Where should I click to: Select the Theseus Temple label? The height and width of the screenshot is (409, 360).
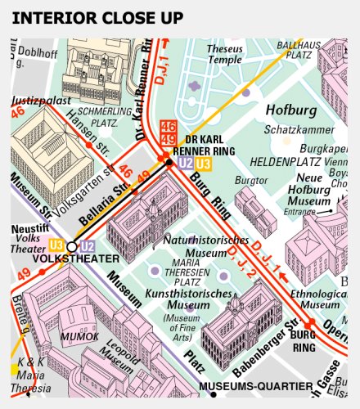pos(225,54)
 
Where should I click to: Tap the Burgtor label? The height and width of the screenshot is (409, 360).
pos(252,180)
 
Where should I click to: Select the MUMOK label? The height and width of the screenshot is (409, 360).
pos(79,336)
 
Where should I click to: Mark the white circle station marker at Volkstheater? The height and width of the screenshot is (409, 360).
pos(71,245)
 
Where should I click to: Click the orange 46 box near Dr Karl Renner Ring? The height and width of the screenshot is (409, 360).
pos(169,125)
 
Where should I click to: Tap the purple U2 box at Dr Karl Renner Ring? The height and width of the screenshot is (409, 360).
pos(186,164)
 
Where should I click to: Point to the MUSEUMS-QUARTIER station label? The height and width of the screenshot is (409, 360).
pos(255,385)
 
